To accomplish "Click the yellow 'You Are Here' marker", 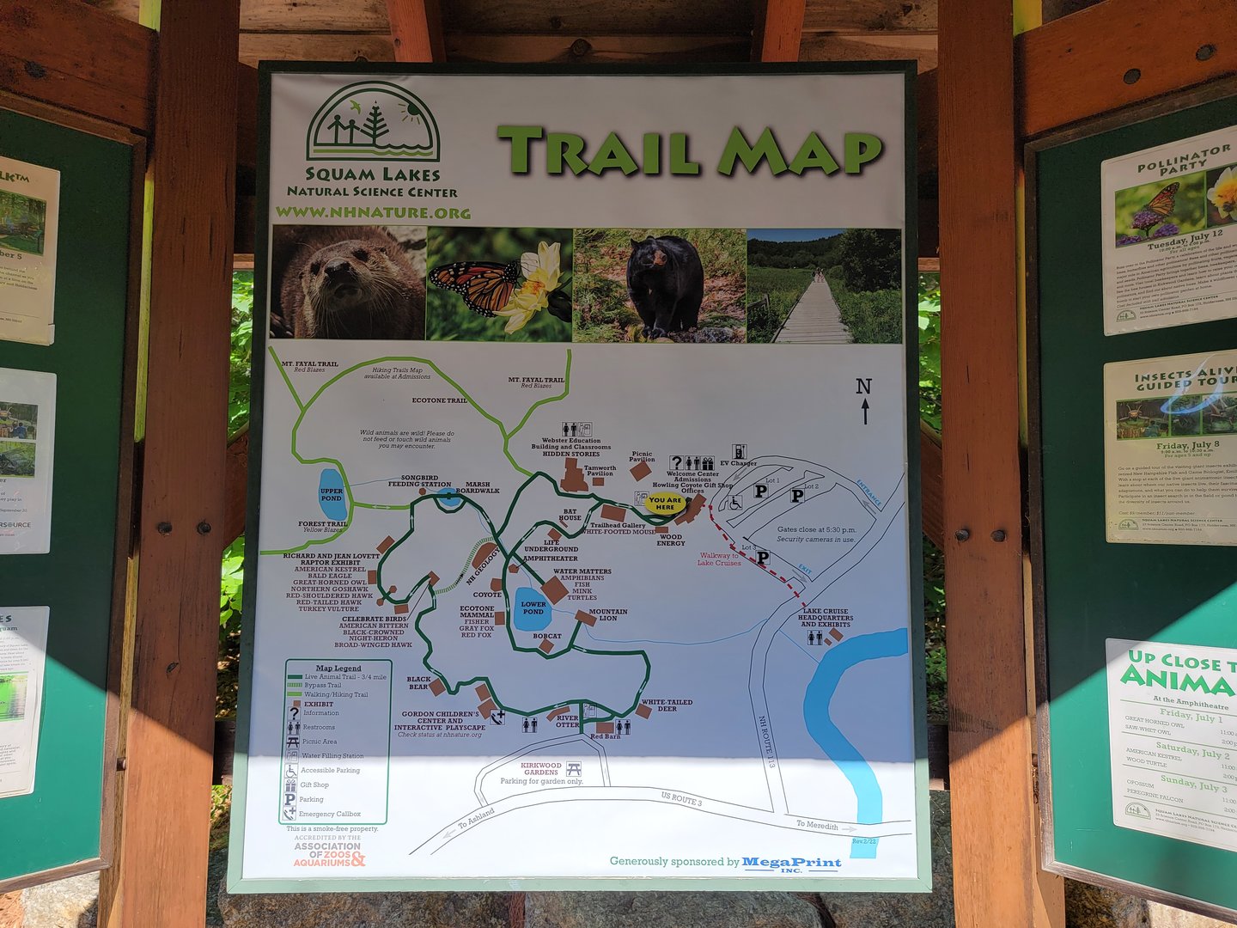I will coord(666,504).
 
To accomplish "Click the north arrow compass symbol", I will coord(864,400).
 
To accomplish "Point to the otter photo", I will coord(348,283).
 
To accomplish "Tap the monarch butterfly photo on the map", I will coord(499,283).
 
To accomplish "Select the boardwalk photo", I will coord(824,286).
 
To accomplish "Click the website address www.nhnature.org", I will coord(373,212).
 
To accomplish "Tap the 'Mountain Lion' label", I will coord(608,615).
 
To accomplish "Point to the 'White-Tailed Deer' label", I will coord(667,705).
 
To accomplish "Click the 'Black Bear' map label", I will coord(418,683).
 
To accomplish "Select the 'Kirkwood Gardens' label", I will coord(541,768).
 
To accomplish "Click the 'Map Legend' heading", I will coord(338,668).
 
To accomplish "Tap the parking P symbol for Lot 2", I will coord(797,496).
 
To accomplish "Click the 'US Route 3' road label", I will coord(681,799).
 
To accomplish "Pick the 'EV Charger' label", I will coord(738,464).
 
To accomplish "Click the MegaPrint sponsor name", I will coord(791,862).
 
